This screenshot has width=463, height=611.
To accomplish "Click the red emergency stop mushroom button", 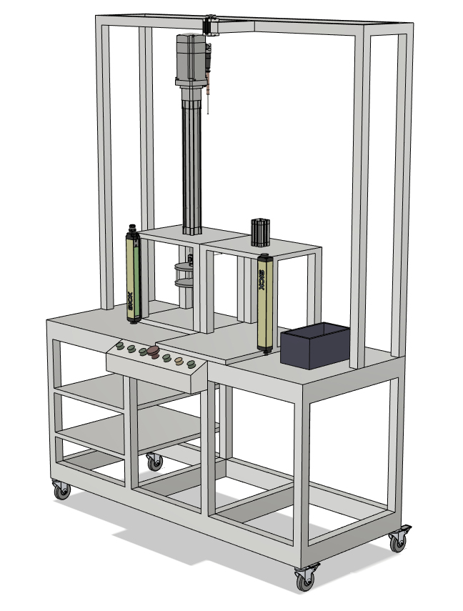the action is pos(153,351).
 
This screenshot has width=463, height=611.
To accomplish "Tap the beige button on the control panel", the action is pos(179,361).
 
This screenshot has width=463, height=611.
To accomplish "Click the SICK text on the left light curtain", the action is pos(131,300).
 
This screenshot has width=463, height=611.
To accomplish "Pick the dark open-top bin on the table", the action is pos(315,345).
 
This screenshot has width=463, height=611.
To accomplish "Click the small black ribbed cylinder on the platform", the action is pos(260,233).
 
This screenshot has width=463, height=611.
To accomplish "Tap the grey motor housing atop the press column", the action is pos(191,59).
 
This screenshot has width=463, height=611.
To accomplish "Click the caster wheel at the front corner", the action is pos(306,577).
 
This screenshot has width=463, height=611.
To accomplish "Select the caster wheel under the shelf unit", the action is pos(155,462).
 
